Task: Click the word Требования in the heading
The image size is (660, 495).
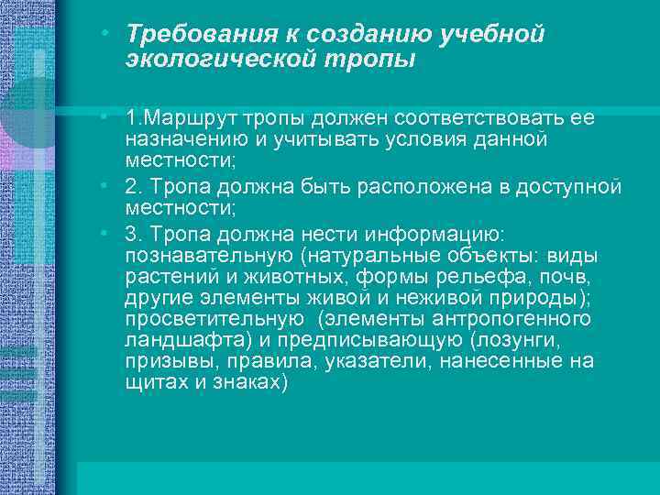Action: (x=193, y=35)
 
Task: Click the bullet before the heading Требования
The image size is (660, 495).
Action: (x=108, y=33)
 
